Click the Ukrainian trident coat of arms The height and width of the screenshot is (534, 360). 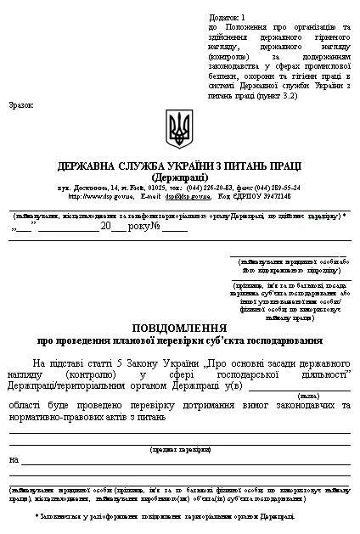pyautogui.click(x=179, y=128)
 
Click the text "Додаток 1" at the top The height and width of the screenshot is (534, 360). pyautogui.click(x=226, y=17)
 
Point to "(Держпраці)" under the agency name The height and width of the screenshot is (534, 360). pyautogui.click(x=179, y=177)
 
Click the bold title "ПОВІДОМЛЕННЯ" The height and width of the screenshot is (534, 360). pyautogui.click(x=179, y=328)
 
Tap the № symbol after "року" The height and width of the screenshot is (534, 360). pyautogui.click(x=155, y=228)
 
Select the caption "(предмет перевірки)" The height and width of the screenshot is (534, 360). pyautogui.click(x=179, y=449)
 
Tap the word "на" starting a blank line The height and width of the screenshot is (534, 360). pyautogui.click(x=13, y=460)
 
